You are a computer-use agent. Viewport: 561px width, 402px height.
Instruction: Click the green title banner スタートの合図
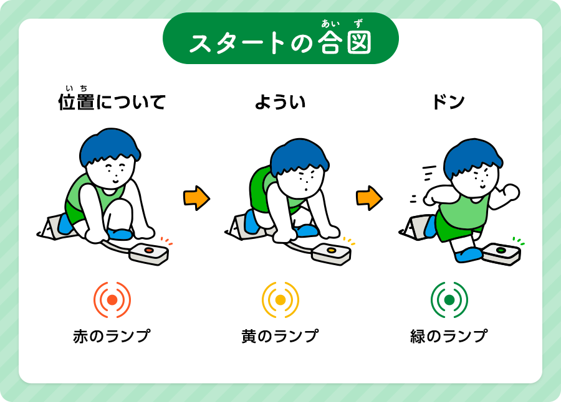coord(280,38)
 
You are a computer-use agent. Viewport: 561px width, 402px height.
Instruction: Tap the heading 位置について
coord(112,100)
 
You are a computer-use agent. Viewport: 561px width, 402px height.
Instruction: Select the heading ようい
coord(280,102)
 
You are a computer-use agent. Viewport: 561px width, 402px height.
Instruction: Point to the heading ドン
coord(448,102)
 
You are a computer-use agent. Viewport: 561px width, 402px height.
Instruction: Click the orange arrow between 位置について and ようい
coord(196,198)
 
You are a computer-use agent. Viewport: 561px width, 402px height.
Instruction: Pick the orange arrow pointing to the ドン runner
coord(369,198)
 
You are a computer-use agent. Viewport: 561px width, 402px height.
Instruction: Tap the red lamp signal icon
coord(112,300)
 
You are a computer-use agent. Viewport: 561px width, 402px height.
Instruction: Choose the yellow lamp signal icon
coord(280,300)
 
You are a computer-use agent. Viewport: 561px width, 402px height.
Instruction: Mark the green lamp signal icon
coord(449,300)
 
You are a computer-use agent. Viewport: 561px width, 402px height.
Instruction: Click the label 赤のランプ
coord(112,336)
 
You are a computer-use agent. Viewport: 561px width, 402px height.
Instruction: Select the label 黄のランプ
coord(280,336)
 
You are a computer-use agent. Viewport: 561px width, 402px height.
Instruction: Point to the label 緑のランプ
coord(449,336)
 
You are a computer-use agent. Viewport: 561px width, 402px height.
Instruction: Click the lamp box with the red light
coord(148,254)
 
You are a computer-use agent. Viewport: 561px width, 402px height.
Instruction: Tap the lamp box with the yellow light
coord(332,254)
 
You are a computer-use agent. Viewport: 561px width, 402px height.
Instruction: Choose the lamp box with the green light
coord(501,254)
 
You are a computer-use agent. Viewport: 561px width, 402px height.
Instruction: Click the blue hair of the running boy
coord(472,156)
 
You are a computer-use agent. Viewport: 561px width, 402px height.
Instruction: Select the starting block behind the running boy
coord(415,228)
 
